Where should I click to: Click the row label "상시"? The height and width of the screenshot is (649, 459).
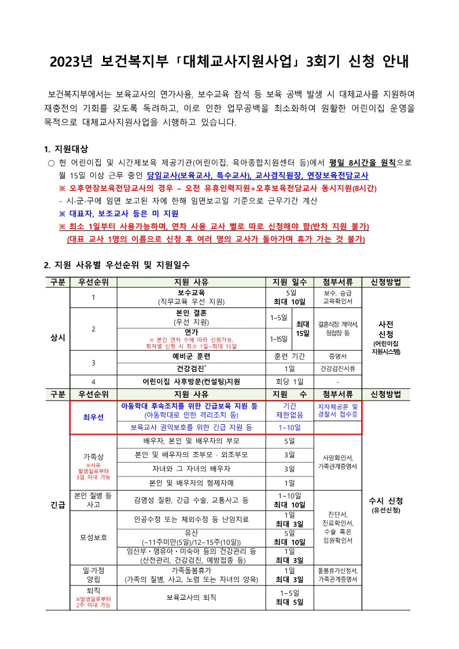pos(58,337)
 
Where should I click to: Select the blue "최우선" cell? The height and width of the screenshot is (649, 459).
pos(93,417)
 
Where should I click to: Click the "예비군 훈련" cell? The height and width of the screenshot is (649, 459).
pos(191,356)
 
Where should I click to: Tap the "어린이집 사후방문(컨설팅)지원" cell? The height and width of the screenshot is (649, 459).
pos(191,382)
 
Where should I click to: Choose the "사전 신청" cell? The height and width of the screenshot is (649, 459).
pos(385,331)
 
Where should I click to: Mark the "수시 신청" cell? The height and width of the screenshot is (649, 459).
pos(385,501)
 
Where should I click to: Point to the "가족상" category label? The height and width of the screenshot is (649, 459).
pos(93,457)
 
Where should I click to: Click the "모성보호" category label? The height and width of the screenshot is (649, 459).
pos(93,537)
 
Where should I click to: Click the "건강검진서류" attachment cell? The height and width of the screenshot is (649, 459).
pos(337,369)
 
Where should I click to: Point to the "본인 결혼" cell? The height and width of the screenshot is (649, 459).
pos(191,313)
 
